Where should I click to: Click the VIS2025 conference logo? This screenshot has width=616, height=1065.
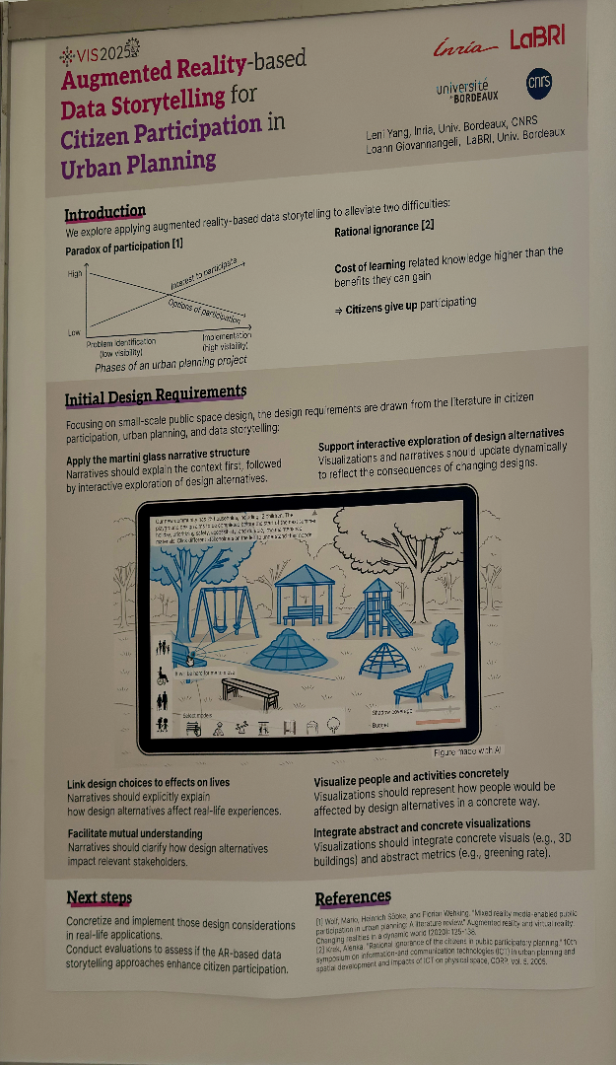tap(100, 51)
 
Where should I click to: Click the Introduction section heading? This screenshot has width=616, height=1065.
tap(104, 213)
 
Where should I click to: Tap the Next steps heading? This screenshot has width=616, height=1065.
tap(99, 897)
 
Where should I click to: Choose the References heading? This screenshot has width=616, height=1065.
tap(353, 897)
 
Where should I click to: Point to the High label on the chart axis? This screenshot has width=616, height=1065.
tap(75, 273)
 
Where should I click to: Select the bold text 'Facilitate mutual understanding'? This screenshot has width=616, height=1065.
tap(136, 833)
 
